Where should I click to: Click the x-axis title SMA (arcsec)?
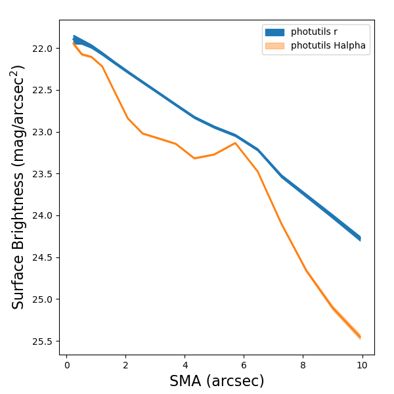[x=217, y=381]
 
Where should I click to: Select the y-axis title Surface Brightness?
[x=18, y=187]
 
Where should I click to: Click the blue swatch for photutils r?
[x=274, y=32]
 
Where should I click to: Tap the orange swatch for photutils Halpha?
[x=274, y=46]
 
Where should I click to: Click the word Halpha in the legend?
[x=349, y=46]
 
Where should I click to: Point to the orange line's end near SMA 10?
[x=360, y=337]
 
